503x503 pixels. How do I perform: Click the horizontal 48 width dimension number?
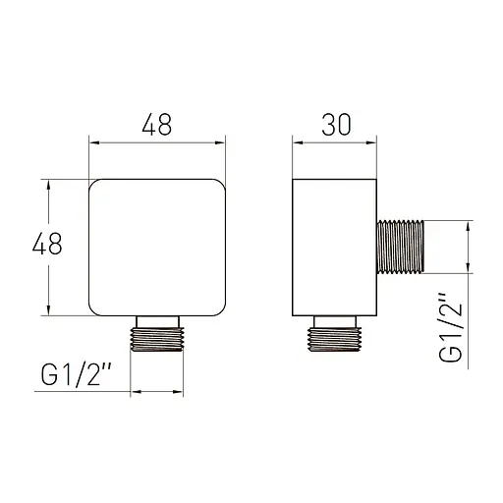pos(157,125)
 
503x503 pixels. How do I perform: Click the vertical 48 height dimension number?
pos(47,244)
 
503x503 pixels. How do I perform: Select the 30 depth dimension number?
pos(336,125)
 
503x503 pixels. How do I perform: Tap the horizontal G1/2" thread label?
pos(77,375)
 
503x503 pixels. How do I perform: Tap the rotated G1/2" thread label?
pos(451,327)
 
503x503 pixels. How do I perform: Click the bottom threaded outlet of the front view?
pos(157,339)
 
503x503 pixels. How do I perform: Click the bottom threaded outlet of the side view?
pos(334,339)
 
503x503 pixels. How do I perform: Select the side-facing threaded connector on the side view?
pos(401,247)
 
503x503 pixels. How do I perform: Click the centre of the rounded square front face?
pos(157,248)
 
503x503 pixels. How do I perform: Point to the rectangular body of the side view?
pos(334,248)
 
